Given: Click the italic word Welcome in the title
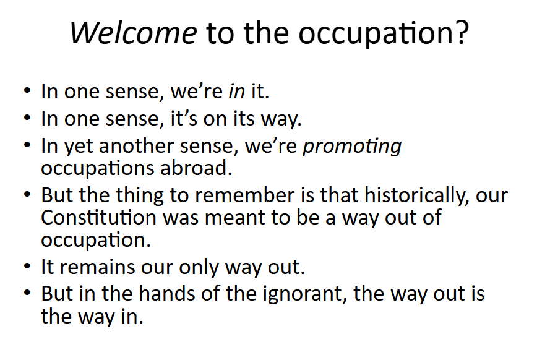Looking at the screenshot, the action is point(133,33).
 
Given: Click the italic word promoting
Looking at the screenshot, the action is point(352,147).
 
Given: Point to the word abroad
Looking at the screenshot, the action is point(196,168).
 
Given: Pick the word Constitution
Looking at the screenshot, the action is point(98,217).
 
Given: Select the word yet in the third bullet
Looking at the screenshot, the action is point(78,147).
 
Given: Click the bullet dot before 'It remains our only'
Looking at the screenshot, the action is point(27,266).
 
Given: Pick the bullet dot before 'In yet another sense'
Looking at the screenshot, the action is point(27,145).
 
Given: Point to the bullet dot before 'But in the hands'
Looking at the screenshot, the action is point(27,293).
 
